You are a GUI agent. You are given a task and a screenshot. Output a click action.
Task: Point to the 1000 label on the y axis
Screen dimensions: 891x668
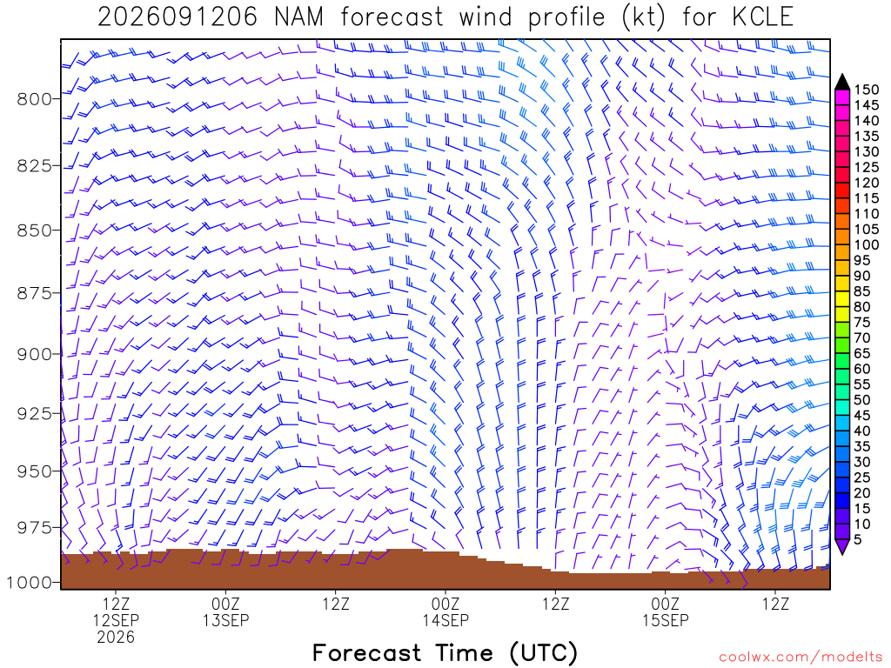click(x=30, y=582)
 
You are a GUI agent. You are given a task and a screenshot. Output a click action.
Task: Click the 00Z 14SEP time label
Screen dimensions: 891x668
click(x=445, y=611)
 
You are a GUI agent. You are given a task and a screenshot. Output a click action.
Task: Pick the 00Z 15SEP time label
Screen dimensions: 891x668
click(x=666, y=611)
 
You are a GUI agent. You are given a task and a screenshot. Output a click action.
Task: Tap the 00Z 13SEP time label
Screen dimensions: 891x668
click(x=225, y=611)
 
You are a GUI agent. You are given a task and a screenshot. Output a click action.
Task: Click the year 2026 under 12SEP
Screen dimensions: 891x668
click(x=116, y=638)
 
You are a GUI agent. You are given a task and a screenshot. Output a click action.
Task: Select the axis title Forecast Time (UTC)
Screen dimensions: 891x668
click(x=445, y=653)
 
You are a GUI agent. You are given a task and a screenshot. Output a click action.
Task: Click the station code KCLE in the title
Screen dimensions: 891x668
click(x=762, y=17)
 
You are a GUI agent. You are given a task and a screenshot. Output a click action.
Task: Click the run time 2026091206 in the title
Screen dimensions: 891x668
click(x=178, y=17)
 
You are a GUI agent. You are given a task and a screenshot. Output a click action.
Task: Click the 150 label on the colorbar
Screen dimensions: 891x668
click(x=867, y=90)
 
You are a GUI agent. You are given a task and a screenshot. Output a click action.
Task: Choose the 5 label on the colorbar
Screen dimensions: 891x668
click(x=858, y=539)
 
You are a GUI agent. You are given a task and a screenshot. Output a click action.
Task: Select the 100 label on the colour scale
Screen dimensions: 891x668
click(x=867, y=244)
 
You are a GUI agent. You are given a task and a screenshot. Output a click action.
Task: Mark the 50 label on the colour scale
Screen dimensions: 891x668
click(x=862, y=400)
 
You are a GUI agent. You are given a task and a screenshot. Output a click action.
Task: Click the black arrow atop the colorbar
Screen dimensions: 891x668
click(x=842, y=83)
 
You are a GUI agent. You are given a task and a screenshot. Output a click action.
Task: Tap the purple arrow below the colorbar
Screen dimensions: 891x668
click(x=842, y=546)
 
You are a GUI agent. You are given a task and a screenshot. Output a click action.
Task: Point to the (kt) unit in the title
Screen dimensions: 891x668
click(x=643, y=17)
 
